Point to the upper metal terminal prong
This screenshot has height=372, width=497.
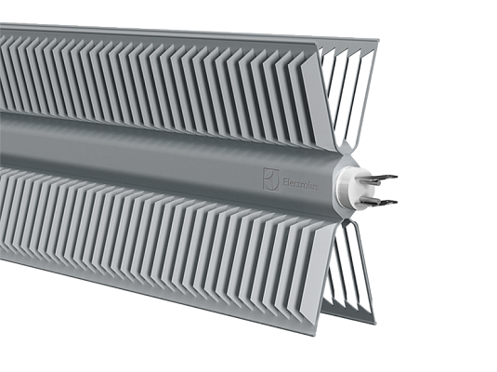point(382,178)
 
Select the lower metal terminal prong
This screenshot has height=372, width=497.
point(382,199)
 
